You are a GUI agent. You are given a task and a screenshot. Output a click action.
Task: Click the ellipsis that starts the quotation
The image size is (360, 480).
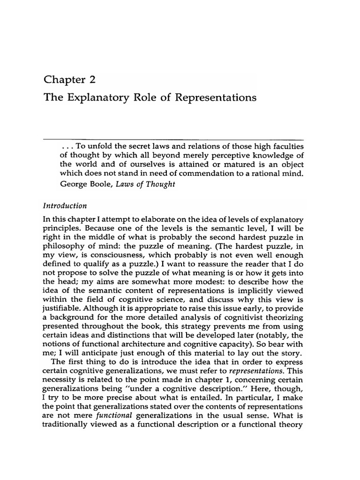click(x=65, y=146)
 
